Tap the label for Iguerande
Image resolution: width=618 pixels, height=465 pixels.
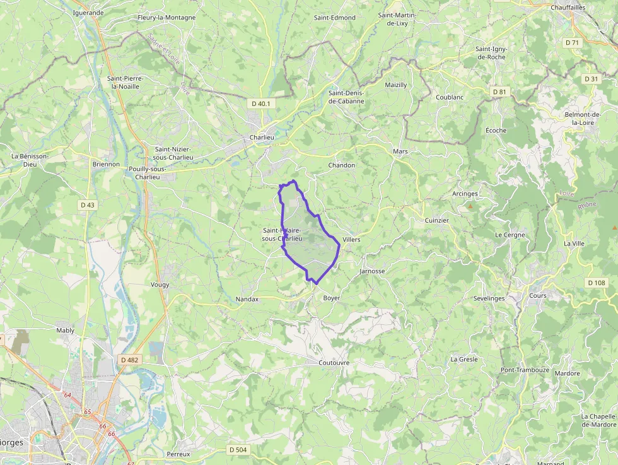(x=88, y=12)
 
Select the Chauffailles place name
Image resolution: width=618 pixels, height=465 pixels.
(x=568, y=8)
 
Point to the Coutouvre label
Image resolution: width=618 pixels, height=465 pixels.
(x=334, y=363)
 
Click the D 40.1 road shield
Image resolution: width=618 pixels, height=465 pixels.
(x=260, y=103)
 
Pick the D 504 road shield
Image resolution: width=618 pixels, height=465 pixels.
(x=238, y=449)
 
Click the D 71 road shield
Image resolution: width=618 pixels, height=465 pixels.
(x=572, y=42)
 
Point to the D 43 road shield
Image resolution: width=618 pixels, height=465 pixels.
(x=88, y=205)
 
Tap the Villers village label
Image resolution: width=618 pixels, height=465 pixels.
(x=351, y=240)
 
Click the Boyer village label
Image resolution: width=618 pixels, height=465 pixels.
(x=331, y=298)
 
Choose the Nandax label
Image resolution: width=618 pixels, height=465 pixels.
(x=247, y=299)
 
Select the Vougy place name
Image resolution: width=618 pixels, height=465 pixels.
(x=160, y=285)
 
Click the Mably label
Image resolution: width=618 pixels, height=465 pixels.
(x=65, y=330)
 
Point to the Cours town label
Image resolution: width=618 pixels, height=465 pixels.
(x=538, y=295)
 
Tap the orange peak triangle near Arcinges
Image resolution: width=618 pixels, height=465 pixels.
(x=470, y=206)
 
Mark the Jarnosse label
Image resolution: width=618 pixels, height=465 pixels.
(x=371, y=271)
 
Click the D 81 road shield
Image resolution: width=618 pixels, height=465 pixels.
(x=499, y=91)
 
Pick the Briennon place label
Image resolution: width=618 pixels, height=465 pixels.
(x=106, y=164)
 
